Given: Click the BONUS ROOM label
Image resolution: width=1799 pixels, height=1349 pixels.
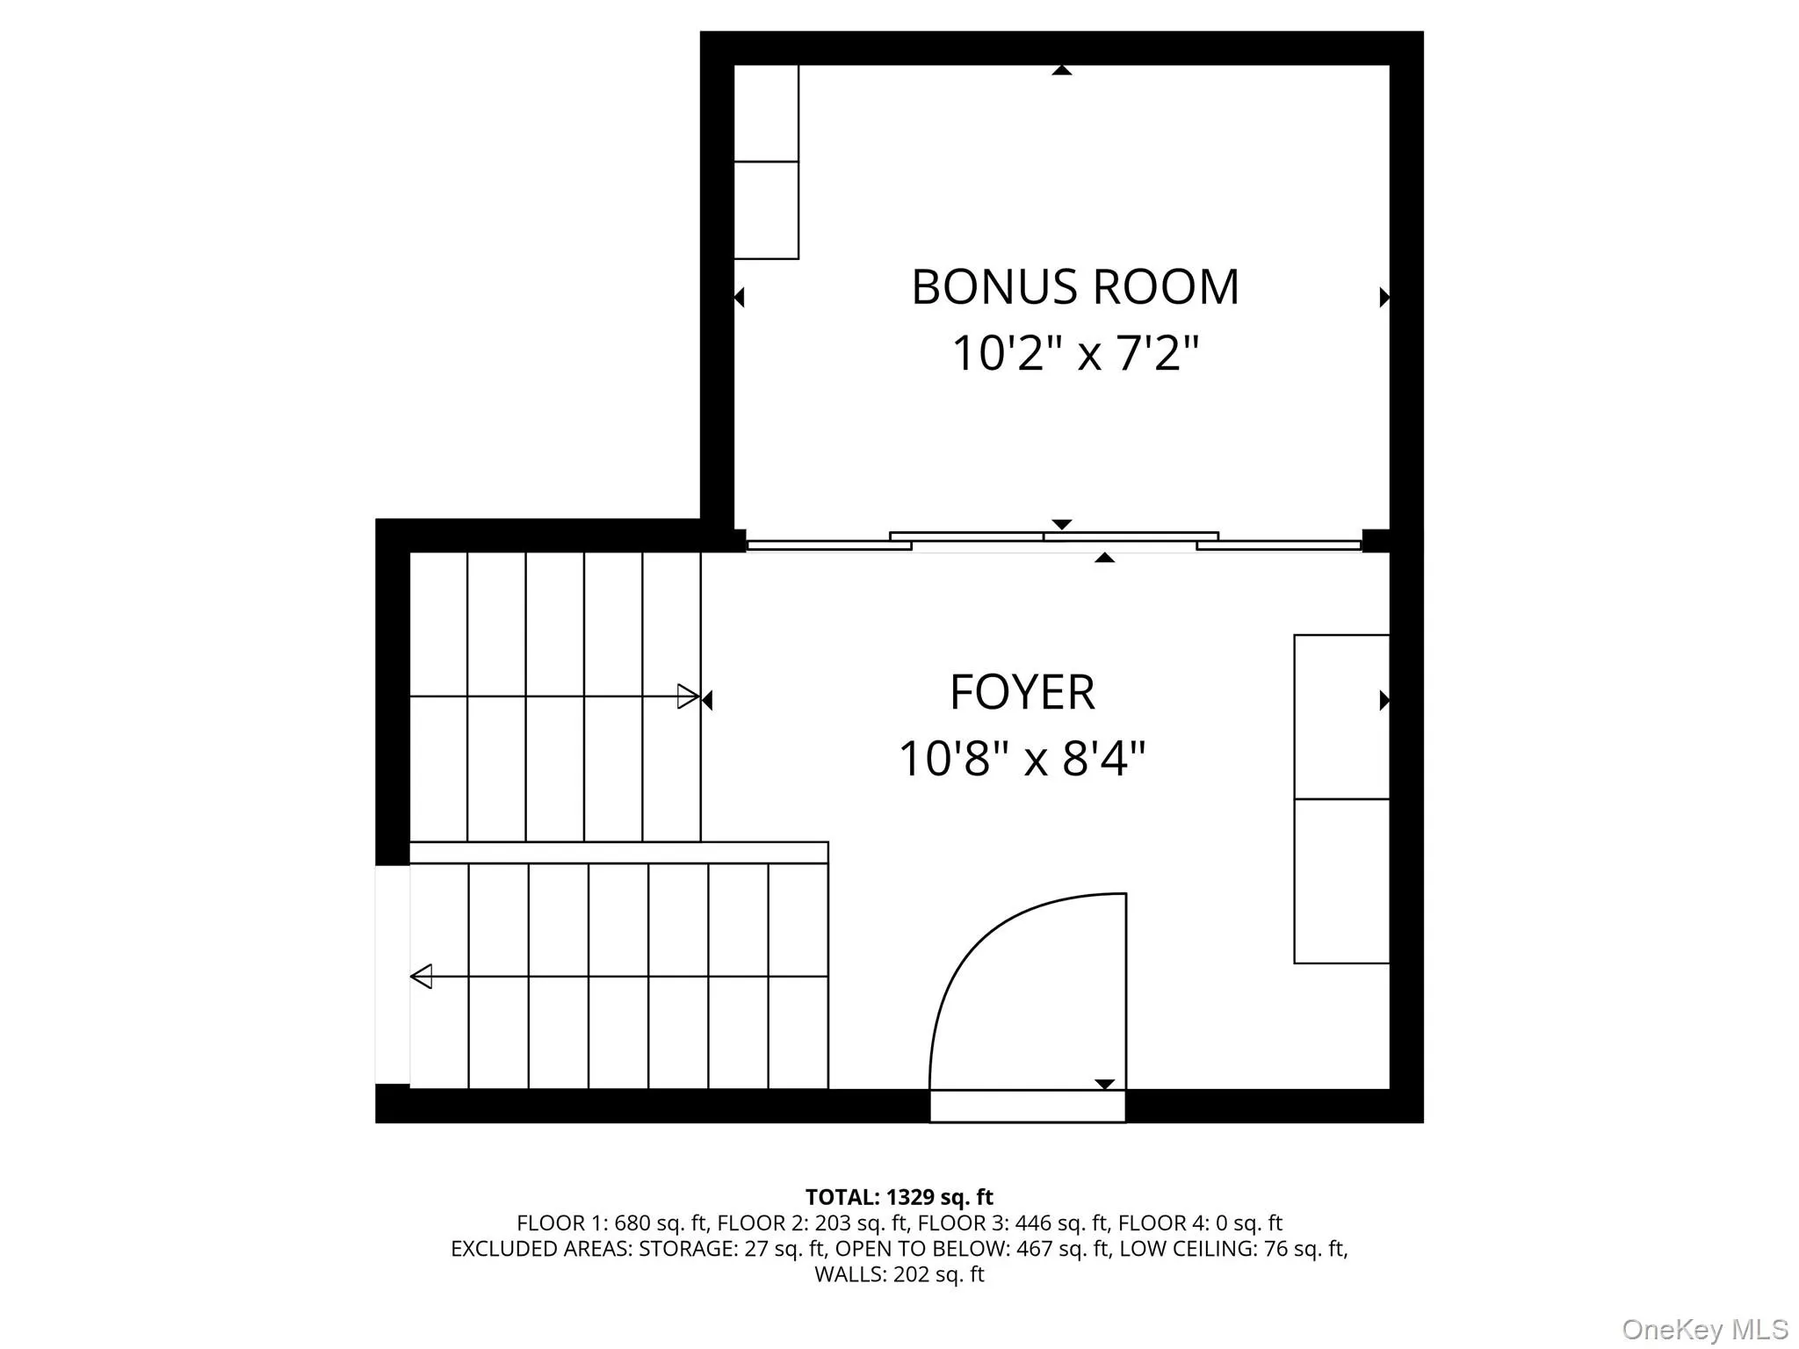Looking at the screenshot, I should coord(1074,287).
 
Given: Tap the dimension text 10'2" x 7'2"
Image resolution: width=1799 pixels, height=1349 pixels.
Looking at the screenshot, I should coord(1074,354).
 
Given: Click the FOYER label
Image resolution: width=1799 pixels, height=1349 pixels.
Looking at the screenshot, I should coord(1022,692).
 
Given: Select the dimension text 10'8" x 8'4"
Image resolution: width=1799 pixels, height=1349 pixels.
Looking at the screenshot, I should coord(1022,759).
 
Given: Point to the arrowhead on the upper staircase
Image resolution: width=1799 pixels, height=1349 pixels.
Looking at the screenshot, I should coord(688,696).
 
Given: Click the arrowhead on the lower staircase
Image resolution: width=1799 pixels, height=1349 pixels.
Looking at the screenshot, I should coord(422,976).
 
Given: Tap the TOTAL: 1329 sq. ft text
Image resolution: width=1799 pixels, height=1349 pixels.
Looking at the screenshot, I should coord(899,1197).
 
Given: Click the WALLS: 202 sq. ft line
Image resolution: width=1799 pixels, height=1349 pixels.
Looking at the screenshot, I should coord(899,1274).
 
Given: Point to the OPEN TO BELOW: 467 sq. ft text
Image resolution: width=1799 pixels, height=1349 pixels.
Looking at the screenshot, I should coord(972,1248).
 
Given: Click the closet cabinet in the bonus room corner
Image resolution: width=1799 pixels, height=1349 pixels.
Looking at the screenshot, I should coord(766,162).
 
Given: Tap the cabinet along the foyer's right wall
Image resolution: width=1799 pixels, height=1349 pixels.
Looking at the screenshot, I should coord(1341,798).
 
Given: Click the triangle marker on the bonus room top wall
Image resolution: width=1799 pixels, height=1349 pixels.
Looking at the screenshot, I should coord(1062,70).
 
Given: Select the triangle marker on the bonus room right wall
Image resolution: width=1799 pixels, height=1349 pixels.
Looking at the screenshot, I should coord(1384,297).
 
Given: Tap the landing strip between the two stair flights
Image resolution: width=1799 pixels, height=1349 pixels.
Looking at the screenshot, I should coord(618,852).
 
